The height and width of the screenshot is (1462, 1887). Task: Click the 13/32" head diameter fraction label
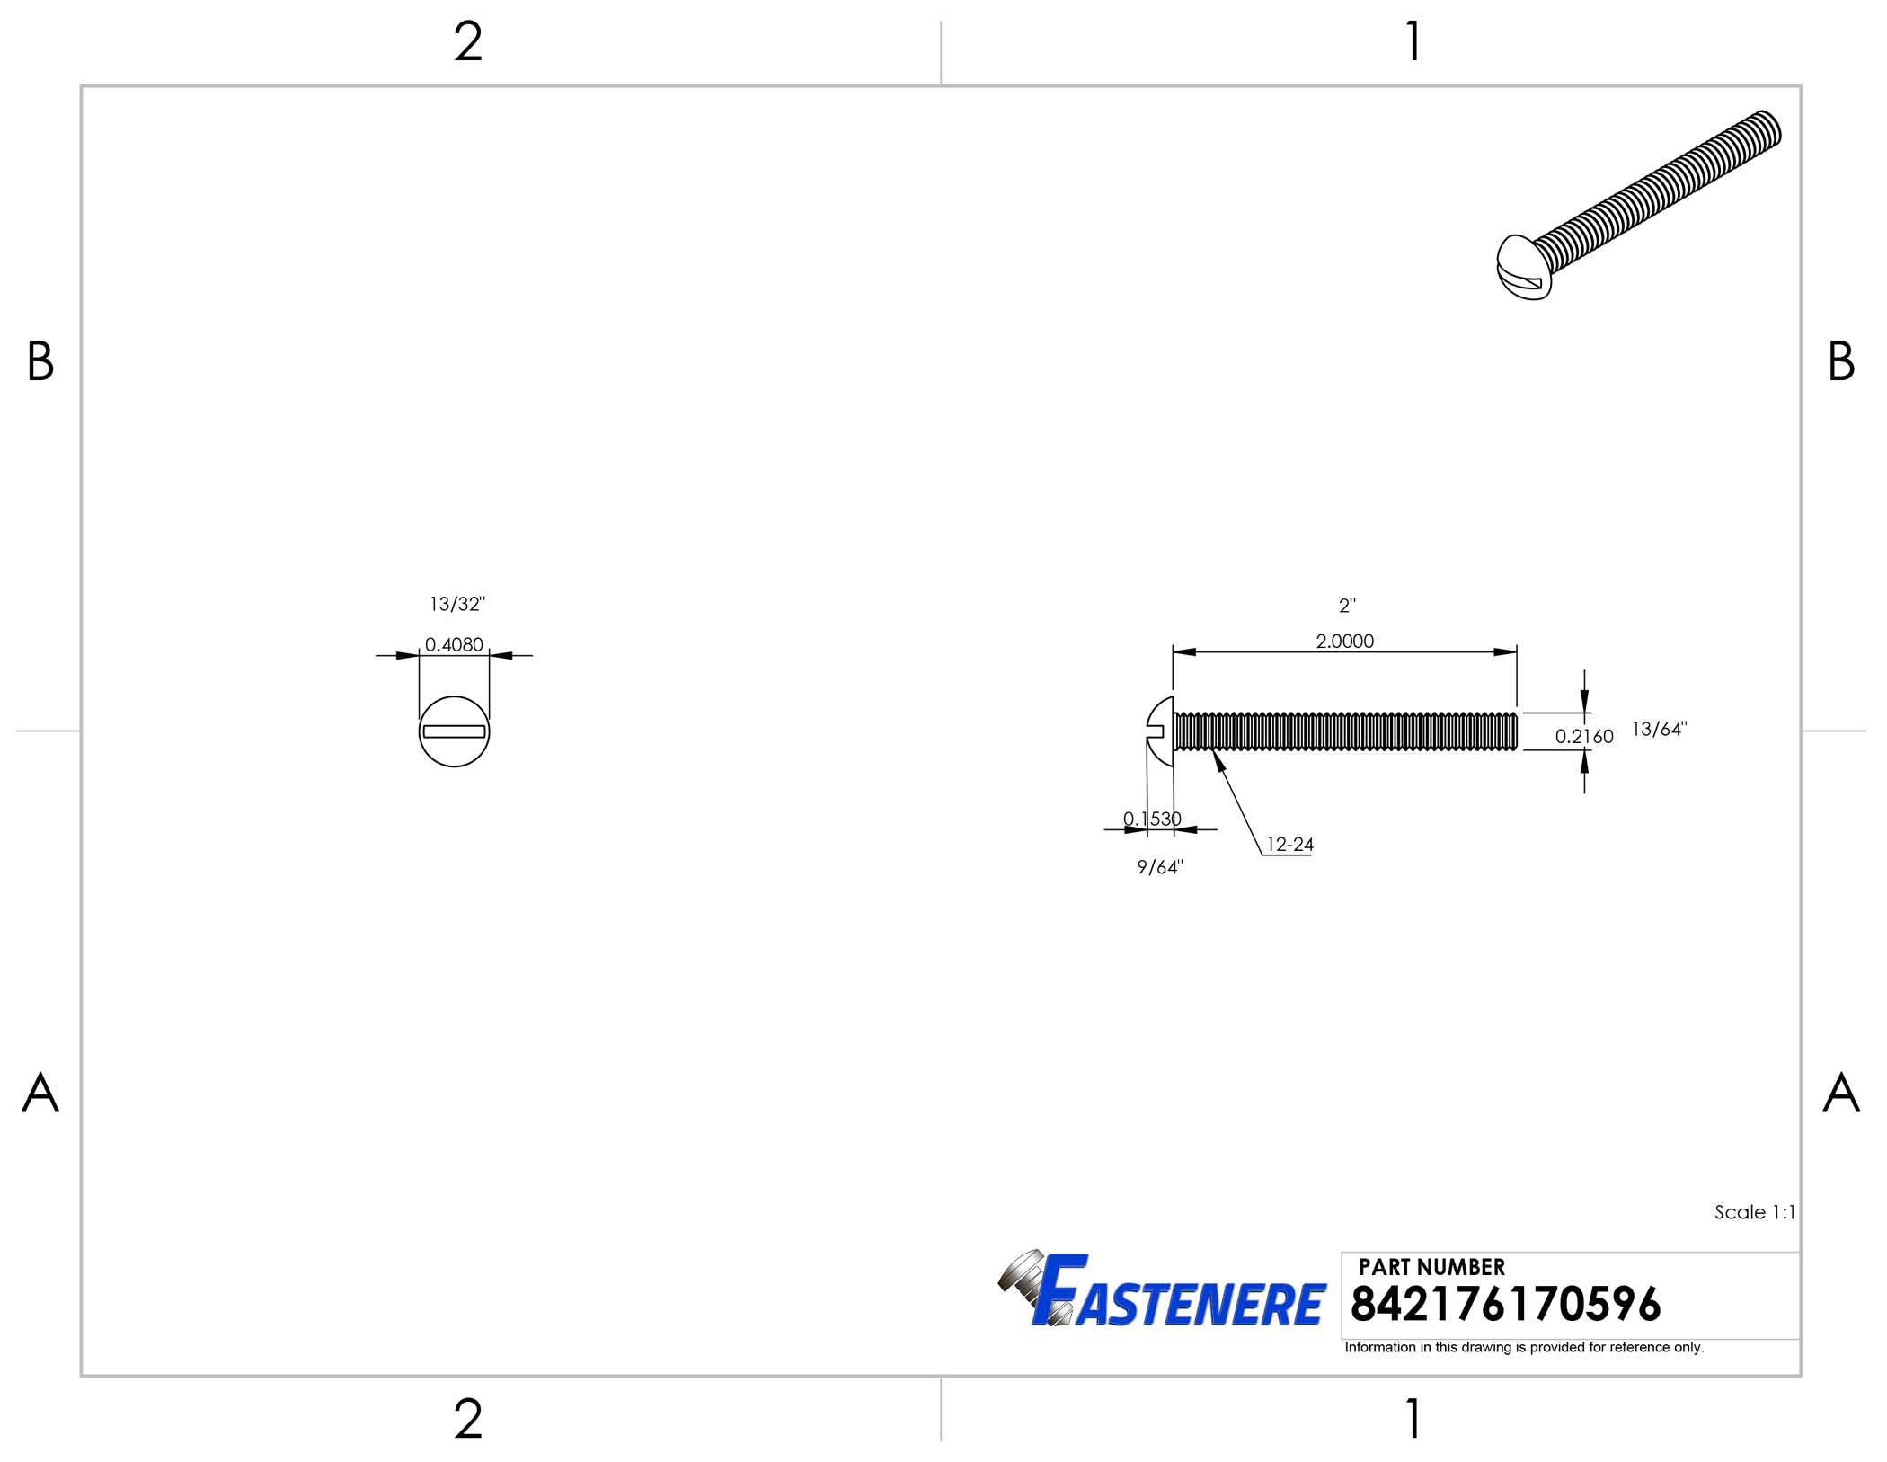tap(456, 604)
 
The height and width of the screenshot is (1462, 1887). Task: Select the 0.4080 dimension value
tap(454, 644)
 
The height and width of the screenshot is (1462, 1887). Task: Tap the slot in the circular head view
tap(454, 731)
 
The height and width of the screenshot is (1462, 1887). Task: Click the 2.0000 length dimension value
tap(1344, 641)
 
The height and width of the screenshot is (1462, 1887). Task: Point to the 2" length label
tap(1347, 606)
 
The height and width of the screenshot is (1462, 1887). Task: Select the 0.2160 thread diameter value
tap(1584, 737)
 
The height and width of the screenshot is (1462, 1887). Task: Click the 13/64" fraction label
tap(1659, 729)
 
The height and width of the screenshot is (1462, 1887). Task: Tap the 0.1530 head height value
tap(1152, 819)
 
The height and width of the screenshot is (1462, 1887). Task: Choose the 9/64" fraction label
tap(1160, 867)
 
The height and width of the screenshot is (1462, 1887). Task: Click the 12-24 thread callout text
tap(1289, 845)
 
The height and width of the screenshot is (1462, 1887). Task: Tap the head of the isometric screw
tap(1521, 268)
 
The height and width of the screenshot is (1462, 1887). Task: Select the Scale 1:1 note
tap(1754, 1212)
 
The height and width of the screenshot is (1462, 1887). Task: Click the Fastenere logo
tap(1163, 1291)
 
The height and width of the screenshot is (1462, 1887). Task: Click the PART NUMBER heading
tap(1431, 1267)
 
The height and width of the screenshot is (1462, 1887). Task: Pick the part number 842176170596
tap(1505, 1305)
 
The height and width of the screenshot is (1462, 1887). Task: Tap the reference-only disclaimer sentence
tap(1524, 1347)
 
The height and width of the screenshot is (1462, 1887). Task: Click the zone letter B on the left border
tap(40, 361)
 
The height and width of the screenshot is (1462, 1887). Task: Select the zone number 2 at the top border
tap(468, 42)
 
